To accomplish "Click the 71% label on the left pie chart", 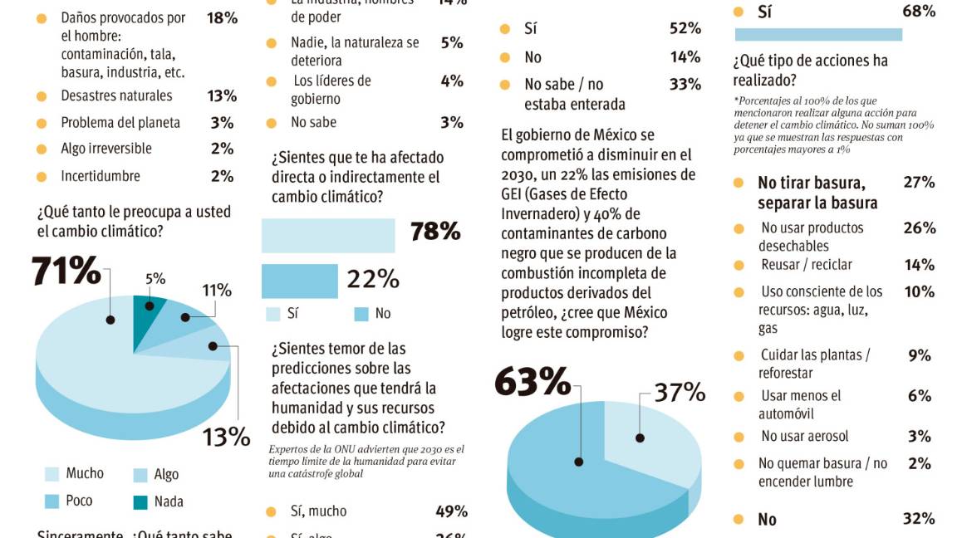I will (66, 271).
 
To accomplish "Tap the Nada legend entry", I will (168, 501).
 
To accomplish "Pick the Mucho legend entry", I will (84, 473).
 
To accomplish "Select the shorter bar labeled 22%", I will (299, 281).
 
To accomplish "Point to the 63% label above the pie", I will (532, 382).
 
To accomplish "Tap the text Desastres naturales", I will (116, 95).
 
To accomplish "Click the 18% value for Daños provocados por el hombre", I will (222, 17).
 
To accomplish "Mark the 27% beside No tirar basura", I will (919, 183).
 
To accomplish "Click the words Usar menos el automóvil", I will (800, 404).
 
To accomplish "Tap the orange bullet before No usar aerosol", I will (739, 437).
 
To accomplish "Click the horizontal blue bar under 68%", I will (818, 34).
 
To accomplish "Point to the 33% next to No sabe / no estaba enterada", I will (685, 85).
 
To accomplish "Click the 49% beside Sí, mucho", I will (451, 511).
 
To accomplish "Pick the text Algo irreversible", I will (106, 149).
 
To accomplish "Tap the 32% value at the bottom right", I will (919, 519).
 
